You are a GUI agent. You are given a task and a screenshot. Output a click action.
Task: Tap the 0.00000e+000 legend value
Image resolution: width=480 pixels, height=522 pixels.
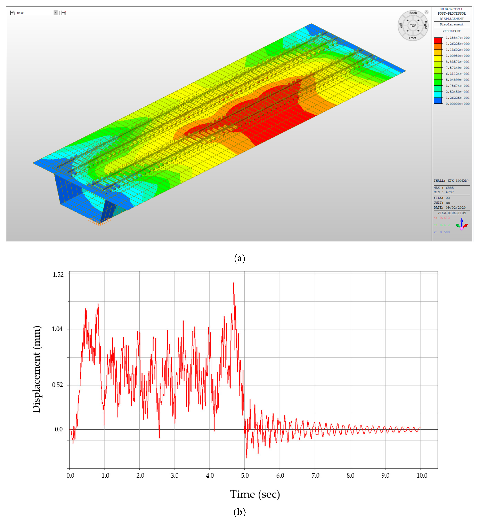tap(457, 104)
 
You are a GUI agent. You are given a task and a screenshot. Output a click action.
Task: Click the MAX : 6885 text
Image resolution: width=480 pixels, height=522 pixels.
tap(443, 188)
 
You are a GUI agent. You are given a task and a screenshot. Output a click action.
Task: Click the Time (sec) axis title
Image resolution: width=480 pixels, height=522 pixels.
tap(255, 494)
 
